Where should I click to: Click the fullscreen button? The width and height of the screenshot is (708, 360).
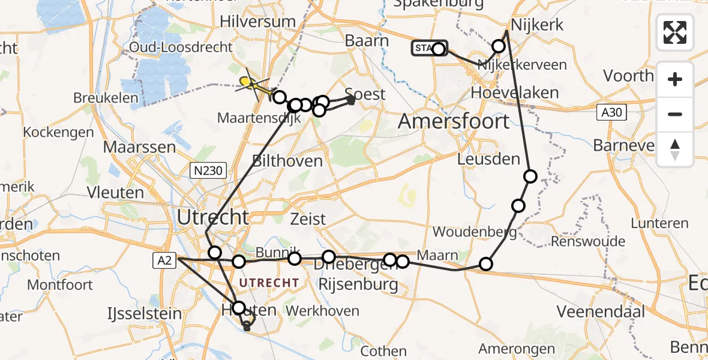pyautogui.click(x=675, y=32)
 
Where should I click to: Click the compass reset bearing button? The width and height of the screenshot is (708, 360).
pyautogui.click(x=675, y=149)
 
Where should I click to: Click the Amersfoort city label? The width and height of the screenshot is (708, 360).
pyautogui.click(x=454, y=121)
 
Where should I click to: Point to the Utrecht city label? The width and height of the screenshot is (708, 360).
pyautogui.click(x=212, y=217)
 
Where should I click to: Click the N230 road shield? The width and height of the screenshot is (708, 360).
pyautogui.click(x=208, y=171)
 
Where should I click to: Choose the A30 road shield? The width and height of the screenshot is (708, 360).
pyautogui.click(x=611, y=112)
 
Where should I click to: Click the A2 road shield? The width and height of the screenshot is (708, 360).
pyautogui.click(x=166, y=260)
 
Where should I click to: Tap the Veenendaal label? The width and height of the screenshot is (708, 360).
pyautogui.click(x=601, y=311)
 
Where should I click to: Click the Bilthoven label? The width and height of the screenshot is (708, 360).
pyautogui.click(x=287, y=161)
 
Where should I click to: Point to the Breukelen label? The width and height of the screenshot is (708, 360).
pyautogui.click(x=106, y=98)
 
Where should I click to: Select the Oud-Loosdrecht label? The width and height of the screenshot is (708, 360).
pyautogui.click(x=181, y=47)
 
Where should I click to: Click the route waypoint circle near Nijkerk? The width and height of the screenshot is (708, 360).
pyautogui.click(x=499, y=46)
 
